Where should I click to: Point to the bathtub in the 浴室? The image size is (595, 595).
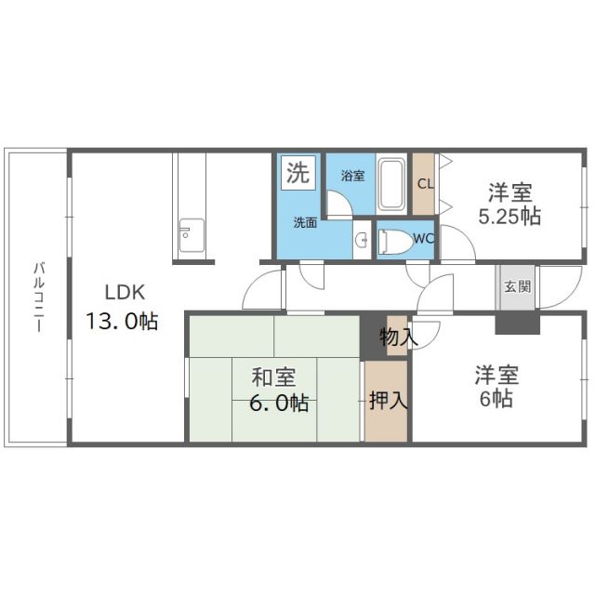(x=391, y=185)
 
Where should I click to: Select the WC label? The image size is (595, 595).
(x=423, y=239)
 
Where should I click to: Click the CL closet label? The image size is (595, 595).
(x=424, y=183)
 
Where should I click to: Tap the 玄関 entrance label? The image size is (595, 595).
(x=517, y=286)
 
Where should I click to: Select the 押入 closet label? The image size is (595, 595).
(x=385, y=402)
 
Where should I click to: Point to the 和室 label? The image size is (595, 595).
(x=273, y=377)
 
